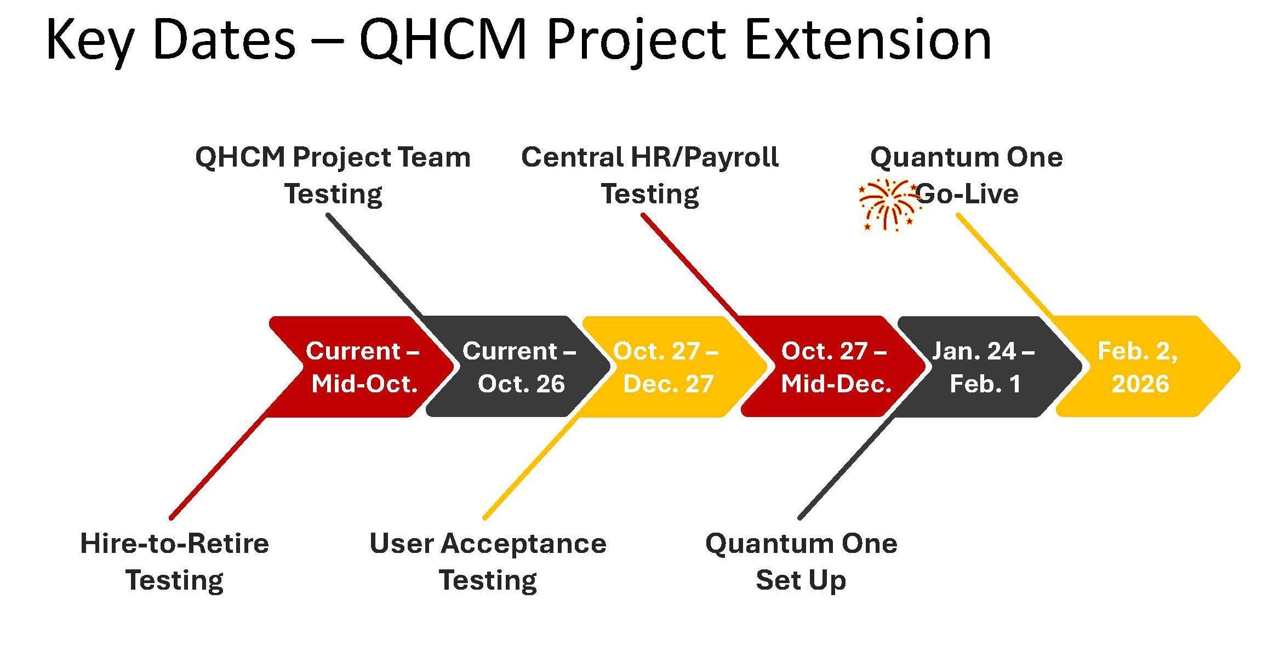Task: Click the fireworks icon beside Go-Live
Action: (889, 205)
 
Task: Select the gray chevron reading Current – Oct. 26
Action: (518, 367)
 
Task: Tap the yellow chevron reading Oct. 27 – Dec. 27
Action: (674, 367)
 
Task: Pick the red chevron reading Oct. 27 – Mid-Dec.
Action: (833, 367)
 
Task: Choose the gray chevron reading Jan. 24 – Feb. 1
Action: (989, 367)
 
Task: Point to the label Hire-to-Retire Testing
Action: (175, 562)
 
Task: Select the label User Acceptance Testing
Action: (488, 562)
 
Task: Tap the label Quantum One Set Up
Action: (801, 562)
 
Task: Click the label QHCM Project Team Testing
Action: (333, 175)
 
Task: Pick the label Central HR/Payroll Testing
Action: (650, 175)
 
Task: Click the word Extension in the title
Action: (868, 39)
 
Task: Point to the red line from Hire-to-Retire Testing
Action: (220, 466)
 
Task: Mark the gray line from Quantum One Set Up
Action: (847, 466)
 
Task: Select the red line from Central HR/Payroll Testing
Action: (691, 266)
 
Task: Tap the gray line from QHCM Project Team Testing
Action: (376, 266)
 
